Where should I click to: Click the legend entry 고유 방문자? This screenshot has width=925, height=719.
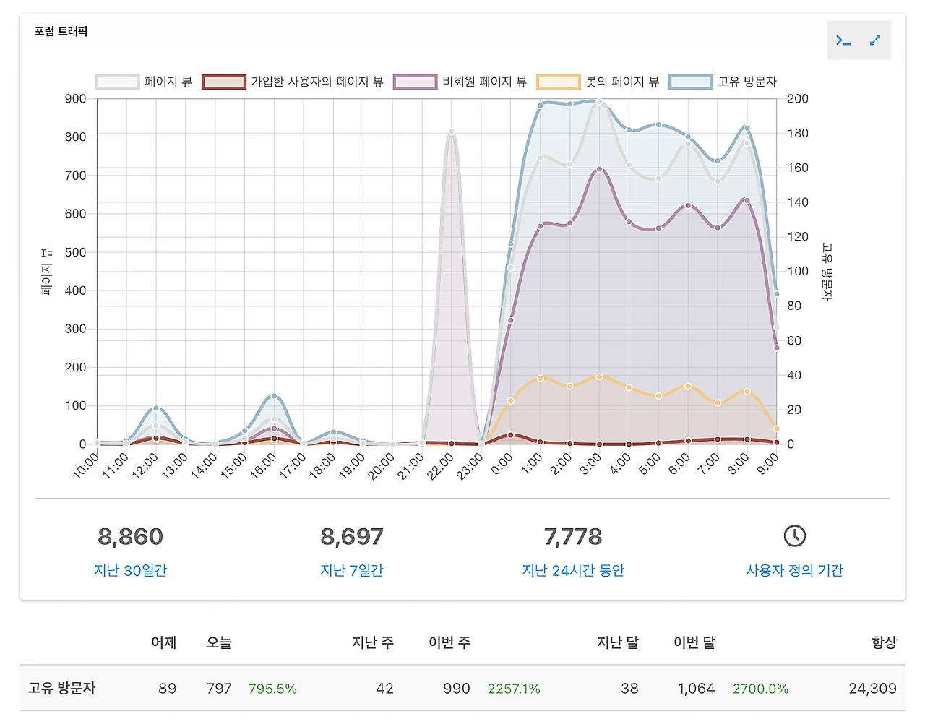click(x=723, y=82)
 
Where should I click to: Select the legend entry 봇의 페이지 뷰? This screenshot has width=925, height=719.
click(x=598, y=82)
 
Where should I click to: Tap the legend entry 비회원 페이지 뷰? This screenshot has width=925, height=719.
click(x=460, y=82)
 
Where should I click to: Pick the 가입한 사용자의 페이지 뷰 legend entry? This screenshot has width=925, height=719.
click(x=293, y=82)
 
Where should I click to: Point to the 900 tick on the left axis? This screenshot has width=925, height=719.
click(x=75, y=99)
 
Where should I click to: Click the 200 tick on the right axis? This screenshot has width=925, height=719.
click(x=798, y=99)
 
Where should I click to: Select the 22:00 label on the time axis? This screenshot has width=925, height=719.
click(x=440, y=465)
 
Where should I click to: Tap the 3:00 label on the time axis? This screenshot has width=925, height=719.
click(x=590, y=464)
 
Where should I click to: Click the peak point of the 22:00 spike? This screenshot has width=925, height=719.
click(x=452, y=132)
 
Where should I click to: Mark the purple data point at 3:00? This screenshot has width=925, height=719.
click(x=599, y=169)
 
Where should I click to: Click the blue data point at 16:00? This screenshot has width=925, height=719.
click(x=274, y=396)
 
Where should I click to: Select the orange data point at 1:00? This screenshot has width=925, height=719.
click(x=540, y=378)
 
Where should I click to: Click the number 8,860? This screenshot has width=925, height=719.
click(x=130, y=537)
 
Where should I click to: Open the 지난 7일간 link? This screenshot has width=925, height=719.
click(x=351, y=570)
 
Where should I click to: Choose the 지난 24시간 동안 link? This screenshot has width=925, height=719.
click(x=573, y=570)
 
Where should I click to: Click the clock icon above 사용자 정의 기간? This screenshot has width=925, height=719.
click(x=794, y=535)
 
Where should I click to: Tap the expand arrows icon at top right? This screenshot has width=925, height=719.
click(x=875, y=40)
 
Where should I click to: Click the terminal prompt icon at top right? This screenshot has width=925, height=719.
click(x=843, y=40)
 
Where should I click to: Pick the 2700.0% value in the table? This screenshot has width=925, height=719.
click(x=760, y=689)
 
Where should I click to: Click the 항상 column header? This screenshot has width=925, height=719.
click(x=883, y=642)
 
